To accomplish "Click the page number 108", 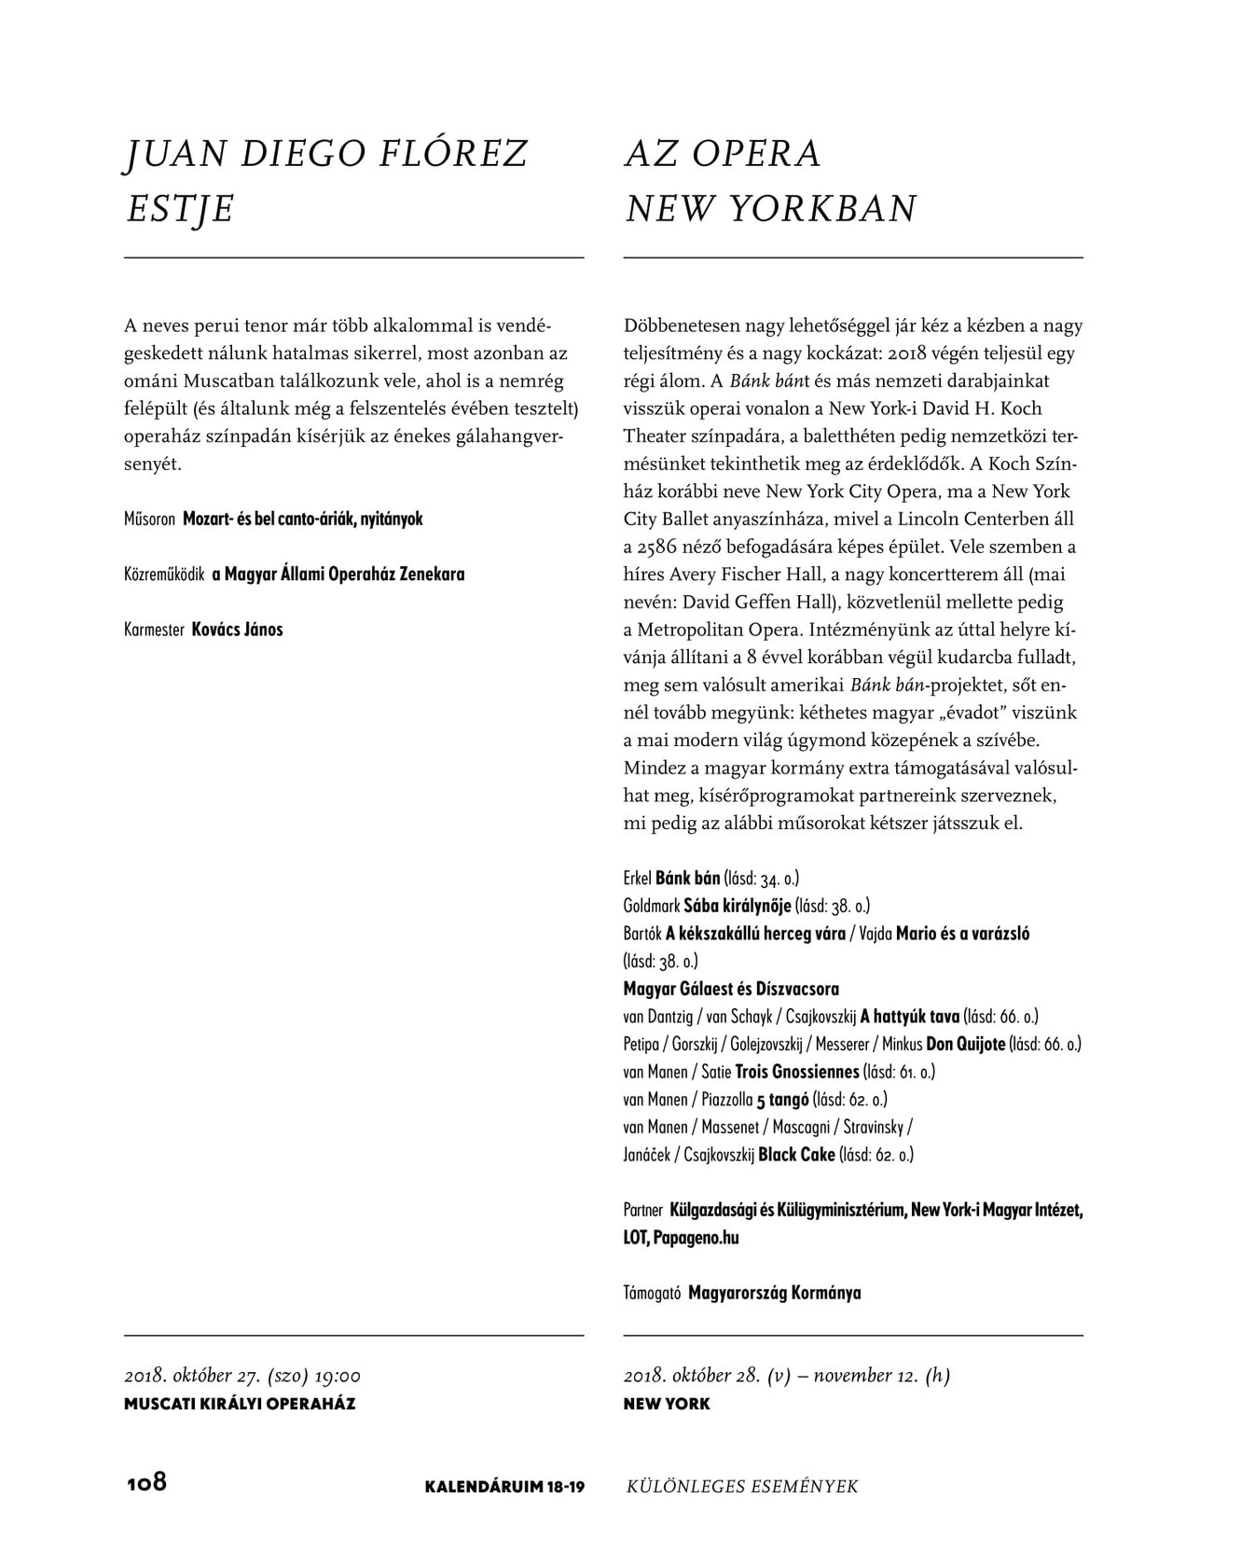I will click(146, 1482).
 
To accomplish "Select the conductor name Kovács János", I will click(237, 630).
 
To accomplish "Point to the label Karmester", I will click(154, 630).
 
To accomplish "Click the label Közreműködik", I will click(164, 575).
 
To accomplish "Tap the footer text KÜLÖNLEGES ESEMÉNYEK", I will click(742, 1487).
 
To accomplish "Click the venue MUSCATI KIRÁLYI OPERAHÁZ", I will click(240, 1404).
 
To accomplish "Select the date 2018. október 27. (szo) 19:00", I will click(242, 1376).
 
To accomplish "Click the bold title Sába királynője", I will click(738, 906).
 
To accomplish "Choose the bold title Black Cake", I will click(796, 1155).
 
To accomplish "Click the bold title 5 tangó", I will click(782, 1100).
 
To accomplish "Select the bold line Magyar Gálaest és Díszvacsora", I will click(731, 989).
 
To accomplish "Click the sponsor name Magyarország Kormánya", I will click(774, 1294).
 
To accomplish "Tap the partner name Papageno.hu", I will click(696, 1239).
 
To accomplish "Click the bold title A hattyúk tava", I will click(910, 1017).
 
